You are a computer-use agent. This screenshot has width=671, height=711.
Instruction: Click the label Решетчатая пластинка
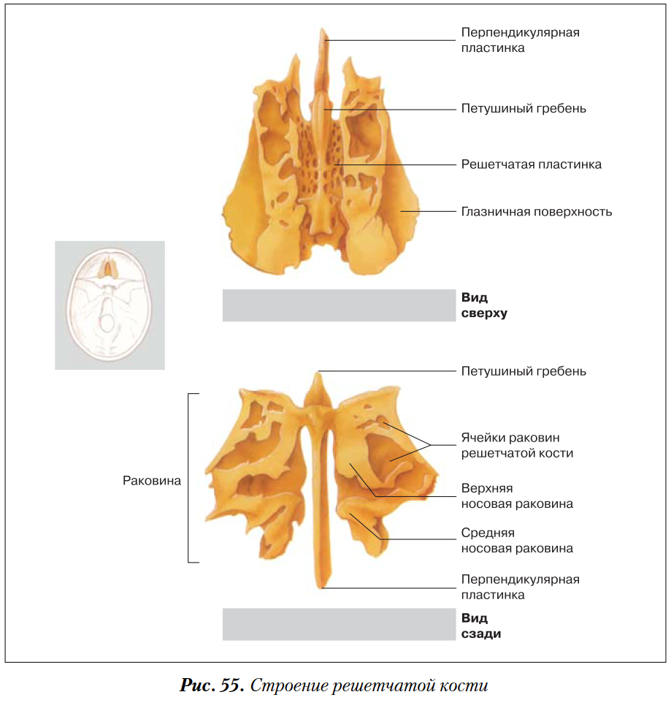[531, 164]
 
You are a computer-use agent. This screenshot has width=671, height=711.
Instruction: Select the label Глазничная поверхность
[536, 212]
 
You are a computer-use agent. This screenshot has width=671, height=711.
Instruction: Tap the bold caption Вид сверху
[483, 305]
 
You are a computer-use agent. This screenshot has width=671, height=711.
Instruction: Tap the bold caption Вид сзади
[480, 626]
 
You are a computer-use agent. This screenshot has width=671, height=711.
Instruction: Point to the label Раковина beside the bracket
[152, 481]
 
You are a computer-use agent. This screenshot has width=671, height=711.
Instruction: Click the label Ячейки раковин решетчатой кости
[517, 445]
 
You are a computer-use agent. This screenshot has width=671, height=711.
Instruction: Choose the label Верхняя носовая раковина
[517, 495]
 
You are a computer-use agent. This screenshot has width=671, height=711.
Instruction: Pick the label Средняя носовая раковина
[517, 541]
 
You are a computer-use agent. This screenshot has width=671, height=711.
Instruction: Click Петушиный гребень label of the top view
[523, 109]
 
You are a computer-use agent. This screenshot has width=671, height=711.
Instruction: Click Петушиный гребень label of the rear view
[523, 371]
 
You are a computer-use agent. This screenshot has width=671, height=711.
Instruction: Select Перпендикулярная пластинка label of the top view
[520, 40]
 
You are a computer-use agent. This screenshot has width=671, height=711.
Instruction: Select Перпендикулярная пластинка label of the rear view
[520, 587]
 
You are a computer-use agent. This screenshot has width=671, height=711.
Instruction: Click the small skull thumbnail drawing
[110, 305]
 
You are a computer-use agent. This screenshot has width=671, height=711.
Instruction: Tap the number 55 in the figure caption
[231, 686]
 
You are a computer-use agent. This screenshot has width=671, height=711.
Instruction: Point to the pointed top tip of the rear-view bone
[318, 374]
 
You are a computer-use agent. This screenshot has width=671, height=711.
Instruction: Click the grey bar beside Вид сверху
[339, 305]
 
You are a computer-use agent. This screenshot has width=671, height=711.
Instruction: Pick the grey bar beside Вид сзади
[339, 625]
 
